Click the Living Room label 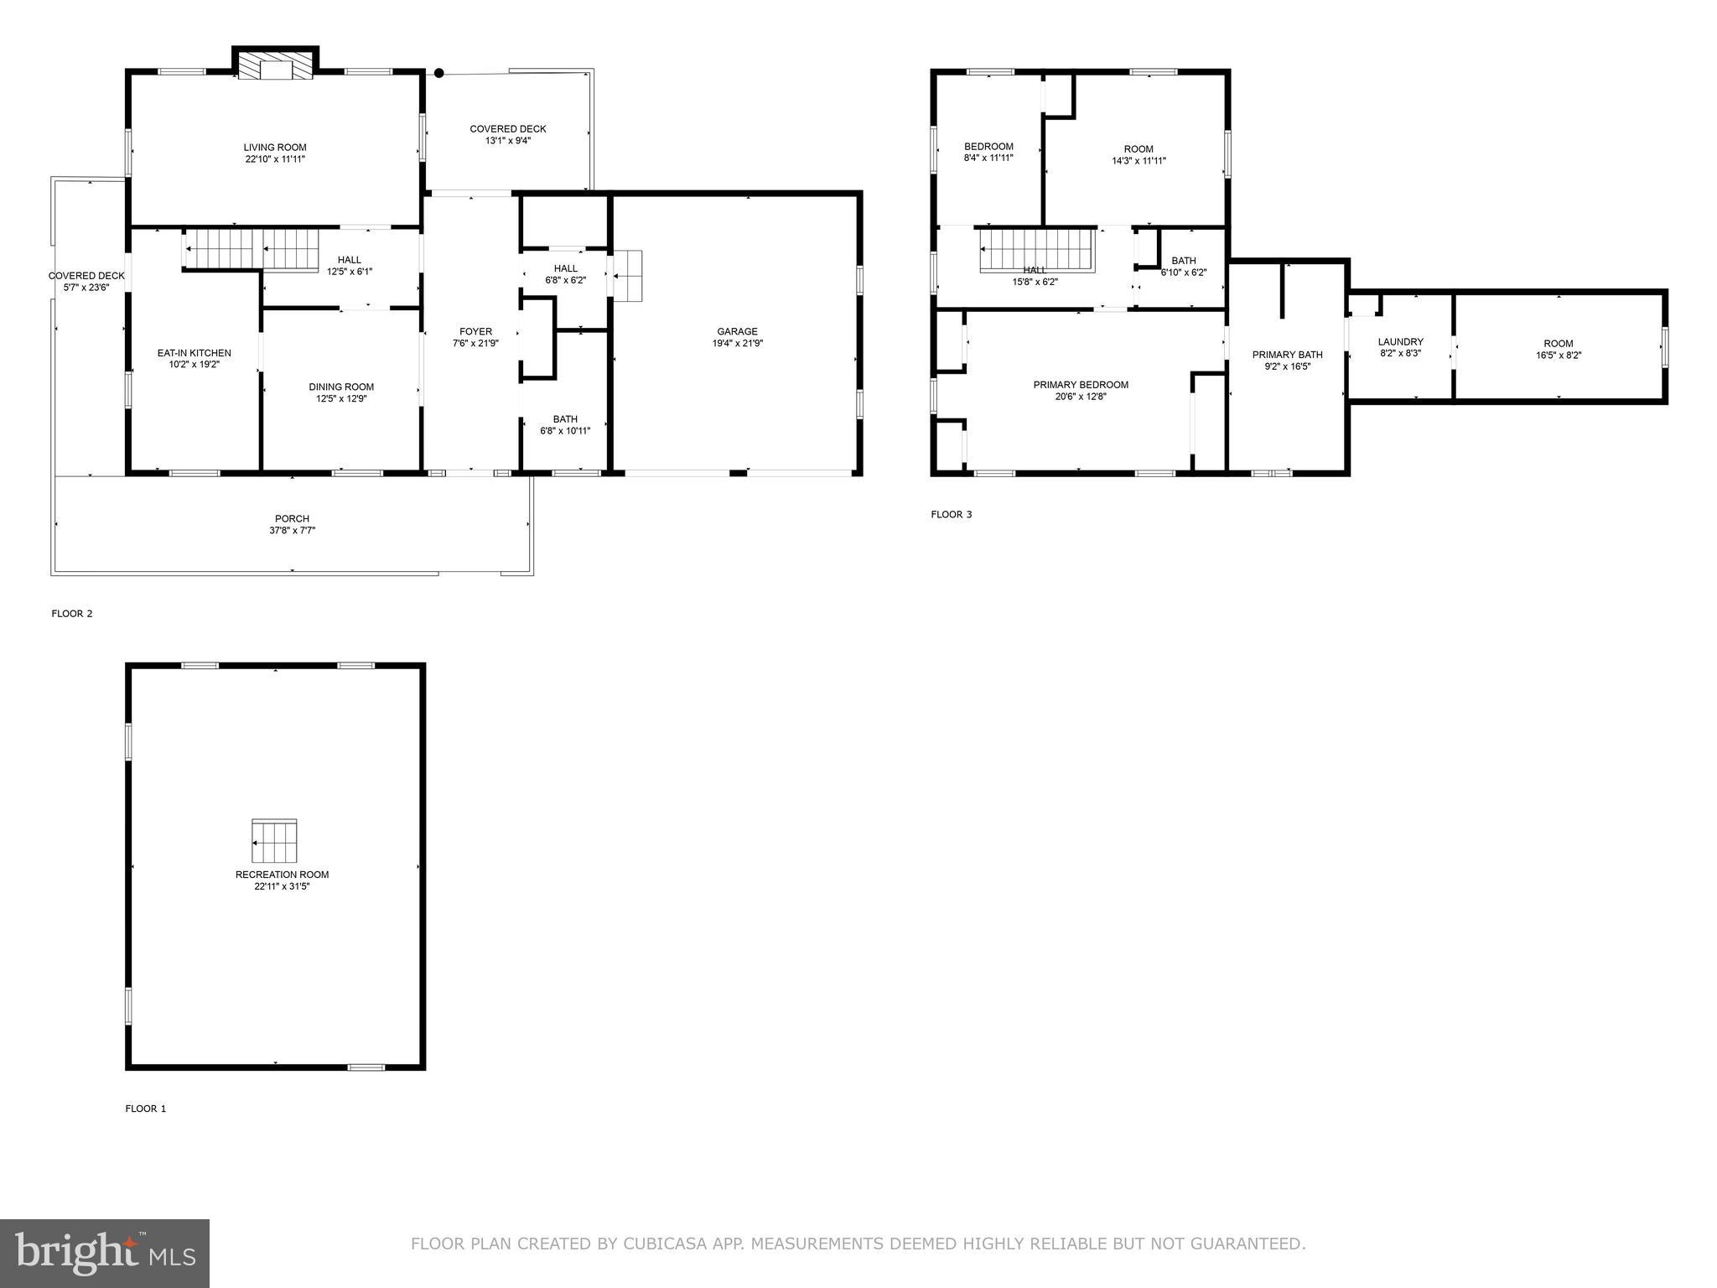click(x=274, y=148)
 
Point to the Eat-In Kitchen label click(x=194, y=353)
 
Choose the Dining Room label click(x=341, y=387)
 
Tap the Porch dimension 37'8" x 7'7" click(x=292, y=530)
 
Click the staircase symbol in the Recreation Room click(x=274, y=841)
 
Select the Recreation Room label click(x=282, y=875)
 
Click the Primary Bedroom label click(x=1080, y=385)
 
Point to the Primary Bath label click(x=1287, y=355)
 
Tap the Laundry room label click(x=1400, y=342)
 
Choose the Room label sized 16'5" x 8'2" click(x=1558, y=344)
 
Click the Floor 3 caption click(x=951, y=514)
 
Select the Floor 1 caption click(x=146, y=1109)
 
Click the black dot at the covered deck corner click(x=438, y=74)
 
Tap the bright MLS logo click(x=105, y=1254)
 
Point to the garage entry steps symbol click(x=627, y=275)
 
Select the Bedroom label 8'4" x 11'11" click(x=988, y=147)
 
